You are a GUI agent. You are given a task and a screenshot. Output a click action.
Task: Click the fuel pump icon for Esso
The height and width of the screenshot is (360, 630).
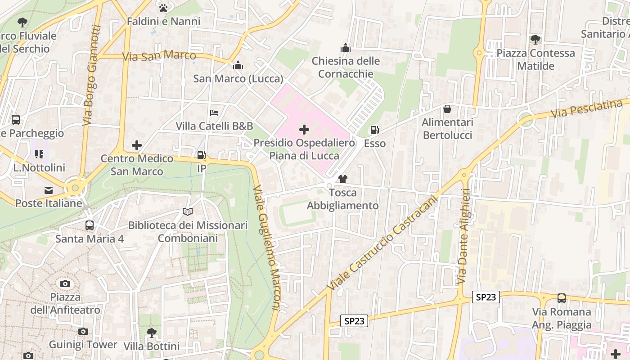tap(374, 130)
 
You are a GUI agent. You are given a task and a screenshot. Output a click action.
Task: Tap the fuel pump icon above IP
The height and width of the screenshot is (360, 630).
tap(202, 156)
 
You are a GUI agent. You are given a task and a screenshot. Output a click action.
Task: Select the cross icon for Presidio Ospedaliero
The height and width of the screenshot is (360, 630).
tap(304, 130)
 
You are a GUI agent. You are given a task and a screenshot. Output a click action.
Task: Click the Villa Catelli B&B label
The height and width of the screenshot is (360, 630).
tap(214, 126)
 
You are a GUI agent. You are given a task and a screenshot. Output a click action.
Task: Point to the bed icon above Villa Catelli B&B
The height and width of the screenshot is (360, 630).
tap(214, 112)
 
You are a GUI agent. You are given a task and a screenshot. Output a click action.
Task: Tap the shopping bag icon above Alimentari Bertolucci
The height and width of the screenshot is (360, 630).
tap(447, 109)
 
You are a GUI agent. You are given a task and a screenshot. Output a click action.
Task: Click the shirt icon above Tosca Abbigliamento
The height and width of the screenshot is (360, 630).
tap(342, 179)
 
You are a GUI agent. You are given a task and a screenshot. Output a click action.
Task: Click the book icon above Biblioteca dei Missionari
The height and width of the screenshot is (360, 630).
tap(188, 211)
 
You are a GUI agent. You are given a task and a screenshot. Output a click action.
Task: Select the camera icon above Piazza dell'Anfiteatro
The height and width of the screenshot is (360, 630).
tap(65, 283)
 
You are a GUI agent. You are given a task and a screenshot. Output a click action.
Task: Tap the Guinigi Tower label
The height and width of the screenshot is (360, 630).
tap(83, 345)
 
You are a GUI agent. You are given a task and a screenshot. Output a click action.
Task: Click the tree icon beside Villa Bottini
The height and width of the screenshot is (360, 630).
tap(152, 333)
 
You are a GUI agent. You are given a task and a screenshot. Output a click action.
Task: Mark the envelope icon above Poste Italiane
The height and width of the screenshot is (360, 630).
tap(48, 190)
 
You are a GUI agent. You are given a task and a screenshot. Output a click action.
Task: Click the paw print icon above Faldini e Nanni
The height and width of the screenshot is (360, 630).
tap(163, 8)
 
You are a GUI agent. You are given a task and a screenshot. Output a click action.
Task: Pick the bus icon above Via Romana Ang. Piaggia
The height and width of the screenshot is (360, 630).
tap(561, 298)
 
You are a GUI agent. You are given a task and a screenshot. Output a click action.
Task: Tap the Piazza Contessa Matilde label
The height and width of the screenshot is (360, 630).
tap(535, 59)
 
